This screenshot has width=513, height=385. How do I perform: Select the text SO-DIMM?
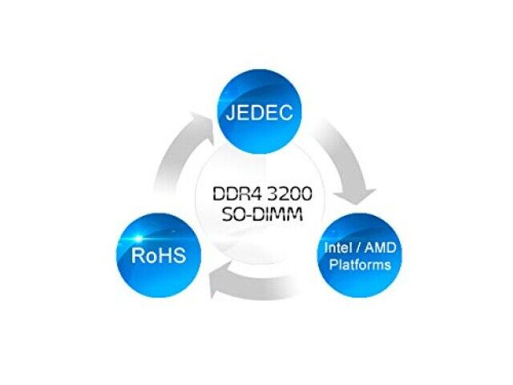click(x=256, y=214)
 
